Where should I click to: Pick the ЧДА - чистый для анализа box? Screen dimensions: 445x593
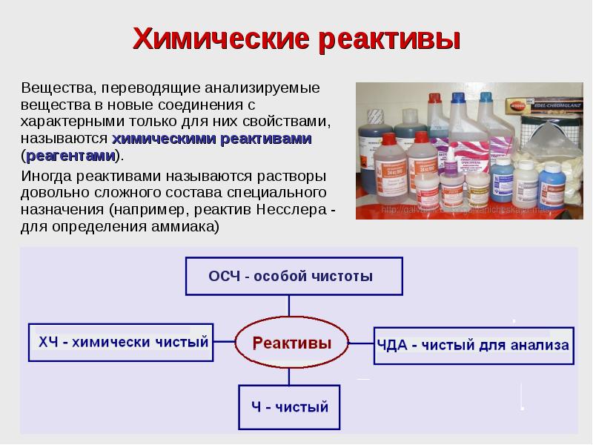(473, 345)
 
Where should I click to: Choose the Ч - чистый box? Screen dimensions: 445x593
(289, 406)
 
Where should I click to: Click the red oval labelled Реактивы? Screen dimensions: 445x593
(291, 344)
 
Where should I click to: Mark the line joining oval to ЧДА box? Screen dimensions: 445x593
(360, 344)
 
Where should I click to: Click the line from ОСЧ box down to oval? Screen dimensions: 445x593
(290, 310)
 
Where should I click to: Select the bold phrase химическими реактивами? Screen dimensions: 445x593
(211, 139)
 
